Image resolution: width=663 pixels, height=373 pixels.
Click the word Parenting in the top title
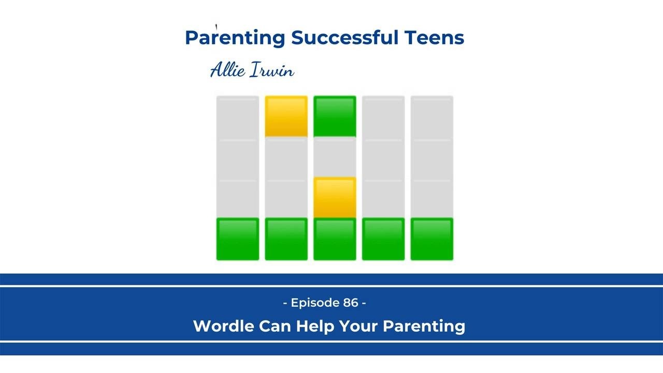pos(235,38)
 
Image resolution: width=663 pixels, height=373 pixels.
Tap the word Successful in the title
pos(344,37)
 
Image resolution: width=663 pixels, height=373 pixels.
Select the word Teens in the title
pos(434,38)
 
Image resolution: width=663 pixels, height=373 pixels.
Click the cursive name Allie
pos(227,70)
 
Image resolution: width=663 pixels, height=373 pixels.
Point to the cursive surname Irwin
pos(272,70)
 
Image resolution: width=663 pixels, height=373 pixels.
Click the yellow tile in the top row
pos(286,117)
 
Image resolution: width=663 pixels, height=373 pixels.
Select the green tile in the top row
pos(335,117)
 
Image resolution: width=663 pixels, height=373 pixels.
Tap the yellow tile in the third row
pos(335,197)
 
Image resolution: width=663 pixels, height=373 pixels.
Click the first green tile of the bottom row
pos(238,239)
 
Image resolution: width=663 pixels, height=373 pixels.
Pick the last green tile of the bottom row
pos(432,239)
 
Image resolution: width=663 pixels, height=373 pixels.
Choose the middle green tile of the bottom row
pos(335,239)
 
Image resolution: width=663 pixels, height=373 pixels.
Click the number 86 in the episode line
pos(351,303)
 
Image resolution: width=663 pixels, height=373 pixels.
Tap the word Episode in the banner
pos(315,303)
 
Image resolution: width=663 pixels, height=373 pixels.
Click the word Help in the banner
pos(315,326)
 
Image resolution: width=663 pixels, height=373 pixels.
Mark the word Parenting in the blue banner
pos(424,326)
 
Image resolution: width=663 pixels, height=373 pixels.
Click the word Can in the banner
pos(275,326)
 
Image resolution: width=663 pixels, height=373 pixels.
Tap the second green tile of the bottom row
pos(286,239)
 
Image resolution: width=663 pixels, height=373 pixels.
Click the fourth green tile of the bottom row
pos(383,239)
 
